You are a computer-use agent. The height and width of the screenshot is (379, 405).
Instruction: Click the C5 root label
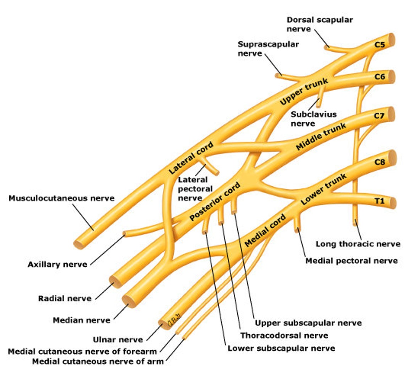pyautogui.click(x=380, y=45)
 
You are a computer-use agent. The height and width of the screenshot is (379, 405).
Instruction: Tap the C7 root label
pyautogui.click(x=379, y=116)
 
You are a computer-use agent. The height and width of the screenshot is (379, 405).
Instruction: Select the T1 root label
pyautogui.click(x=380, y=201)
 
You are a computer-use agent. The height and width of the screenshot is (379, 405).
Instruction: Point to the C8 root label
pyautogui.click(x=380, y=162)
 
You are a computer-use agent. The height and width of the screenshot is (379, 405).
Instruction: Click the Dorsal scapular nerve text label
pyautogui.click(x=319, y=24)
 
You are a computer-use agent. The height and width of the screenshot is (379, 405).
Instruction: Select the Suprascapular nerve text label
pyautogui.click(x=268, y=49)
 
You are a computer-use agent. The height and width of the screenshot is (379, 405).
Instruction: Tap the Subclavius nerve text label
pyautogui.click(x=313, y=119)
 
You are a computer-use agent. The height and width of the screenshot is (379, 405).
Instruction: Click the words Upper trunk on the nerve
pyautogui.click(x=304, y=92)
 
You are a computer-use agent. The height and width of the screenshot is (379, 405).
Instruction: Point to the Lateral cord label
pyautogui.click(x=191, y=158)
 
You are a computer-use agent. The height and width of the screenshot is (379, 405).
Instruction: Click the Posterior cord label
pyautogui.click(x=215, y=201)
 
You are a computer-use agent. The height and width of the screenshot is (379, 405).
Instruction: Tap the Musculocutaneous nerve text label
pyautogui.click(x=61, y=198)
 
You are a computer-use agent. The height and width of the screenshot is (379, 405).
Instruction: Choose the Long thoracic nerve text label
pyautogui.click(x=358, y=244)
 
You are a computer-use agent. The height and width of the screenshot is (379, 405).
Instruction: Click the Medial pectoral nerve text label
pyautogui.click(x=351, y=261)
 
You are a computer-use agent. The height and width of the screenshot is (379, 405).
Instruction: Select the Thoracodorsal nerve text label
pyautogui.click(x=284, y=335)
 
